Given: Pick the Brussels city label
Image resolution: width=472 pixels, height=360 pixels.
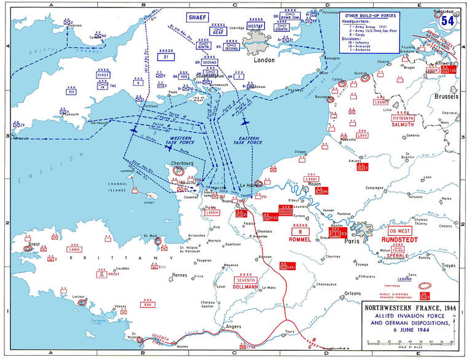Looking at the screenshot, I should click(x=446, y=97).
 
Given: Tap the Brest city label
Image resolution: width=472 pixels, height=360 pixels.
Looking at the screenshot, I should click(x=36, y=244).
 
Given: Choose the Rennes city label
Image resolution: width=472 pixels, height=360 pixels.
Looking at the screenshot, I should click(x=179, y=275).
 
